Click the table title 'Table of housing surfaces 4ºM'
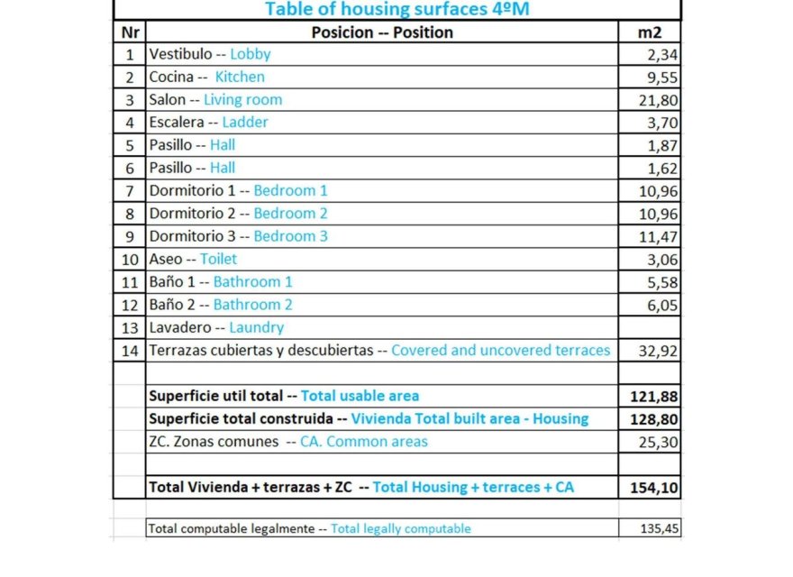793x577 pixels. (x=397, y=9)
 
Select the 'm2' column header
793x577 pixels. (x=649, y=32)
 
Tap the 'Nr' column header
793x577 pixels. (x=129, y=32)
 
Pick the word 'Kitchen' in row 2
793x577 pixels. (x=240, y=77)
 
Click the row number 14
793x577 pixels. (x=130, y=350)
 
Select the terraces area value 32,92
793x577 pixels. (x=659, y=351)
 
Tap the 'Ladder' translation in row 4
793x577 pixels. (x=245, y=122)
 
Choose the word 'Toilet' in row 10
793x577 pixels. (x=219, y=259)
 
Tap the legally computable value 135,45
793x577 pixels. (x=661, y=529)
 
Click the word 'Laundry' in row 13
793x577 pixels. (x=257, y=327)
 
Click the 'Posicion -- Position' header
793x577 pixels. (x=382, y=32)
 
